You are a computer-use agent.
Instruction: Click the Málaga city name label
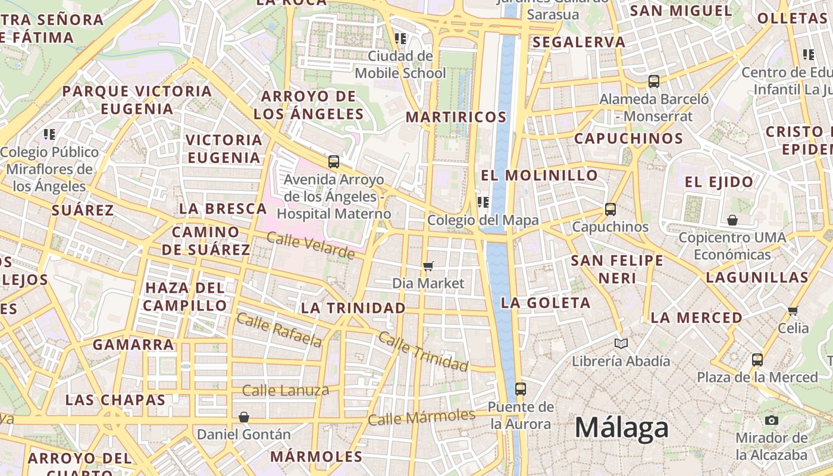click(x=621, y=428)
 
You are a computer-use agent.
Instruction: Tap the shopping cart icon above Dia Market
click(x=428, y=266)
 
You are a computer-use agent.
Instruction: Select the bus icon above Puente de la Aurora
click(x=521, y=389)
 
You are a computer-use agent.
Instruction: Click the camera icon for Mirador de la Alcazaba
click(x=772, y=420)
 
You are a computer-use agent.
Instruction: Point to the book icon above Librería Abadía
click(x=621, y=343)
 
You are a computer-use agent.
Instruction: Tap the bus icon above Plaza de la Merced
click(x=757, y=359)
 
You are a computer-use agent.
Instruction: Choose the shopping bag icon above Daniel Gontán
click(x=243, y=416)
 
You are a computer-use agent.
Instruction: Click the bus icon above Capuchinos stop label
click(x=610, y=209)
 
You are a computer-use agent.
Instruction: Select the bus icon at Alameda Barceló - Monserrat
click(x=654, y=82)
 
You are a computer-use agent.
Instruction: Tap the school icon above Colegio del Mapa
click(x=483, y=202)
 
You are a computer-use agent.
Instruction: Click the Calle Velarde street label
click(x=311, y=246)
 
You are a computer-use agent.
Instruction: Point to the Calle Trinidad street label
click(x=423, y=352)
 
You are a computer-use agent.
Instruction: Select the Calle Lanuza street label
click(x=286, y=390)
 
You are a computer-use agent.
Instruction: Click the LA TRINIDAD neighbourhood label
click(x=353, y=308)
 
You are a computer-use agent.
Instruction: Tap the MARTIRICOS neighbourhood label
click(x=456, y=117)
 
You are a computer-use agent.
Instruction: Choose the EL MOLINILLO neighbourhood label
click(x=539, y=175)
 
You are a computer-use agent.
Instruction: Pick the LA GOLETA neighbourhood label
click(x=546, y=302)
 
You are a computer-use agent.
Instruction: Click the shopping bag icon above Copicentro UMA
click(x=732, y=220)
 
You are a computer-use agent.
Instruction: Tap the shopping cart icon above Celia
click(x=793, y=311)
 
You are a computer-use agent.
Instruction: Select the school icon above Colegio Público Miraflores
click(x=49, y=134)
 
